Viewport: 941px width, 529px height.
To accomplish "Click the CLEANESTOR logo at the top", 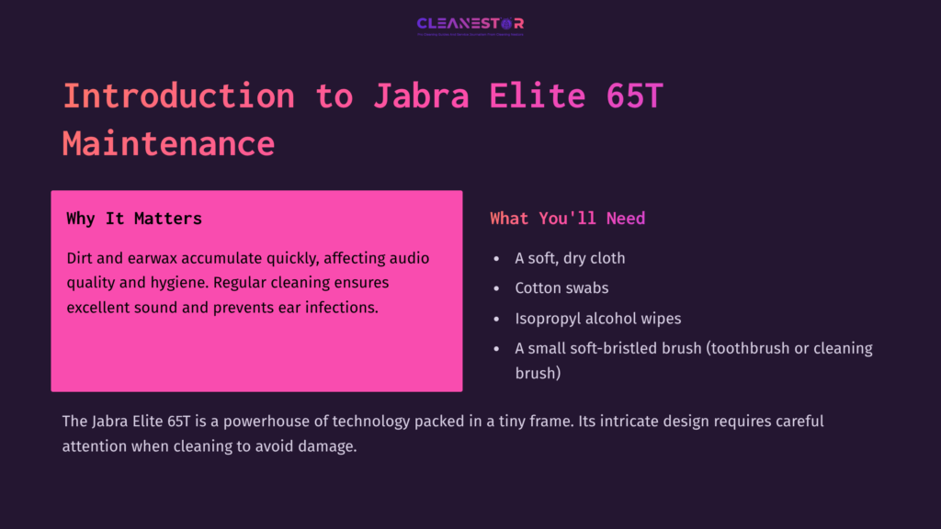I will [470, 25].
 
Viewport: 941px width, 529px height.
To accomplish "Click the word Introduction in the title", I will [178, 96].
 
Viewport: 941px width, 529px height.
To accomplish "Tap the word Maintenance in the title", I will [168, 143].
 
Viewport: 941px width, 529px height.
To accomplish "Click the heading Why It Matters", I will [134, 219].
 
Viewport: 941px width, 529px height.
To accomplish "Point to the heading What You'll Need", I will [567, 219].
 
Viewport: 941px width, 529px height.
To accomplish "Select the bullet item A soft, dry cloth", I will [570, 258].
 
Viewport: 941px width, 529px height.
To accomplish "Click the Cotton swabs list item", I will [561, 288].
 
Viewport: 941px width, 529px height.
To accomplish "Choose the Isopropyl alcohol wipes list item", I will [597, 319].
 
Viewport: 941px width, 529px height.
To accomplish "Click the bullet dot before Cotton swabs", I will [496, 288].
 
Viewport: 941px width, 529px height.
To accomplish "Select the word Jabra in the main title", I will [415, 96].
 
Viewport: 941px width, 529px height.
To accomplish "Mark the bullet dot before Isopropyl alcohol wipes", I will [496, 319].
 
